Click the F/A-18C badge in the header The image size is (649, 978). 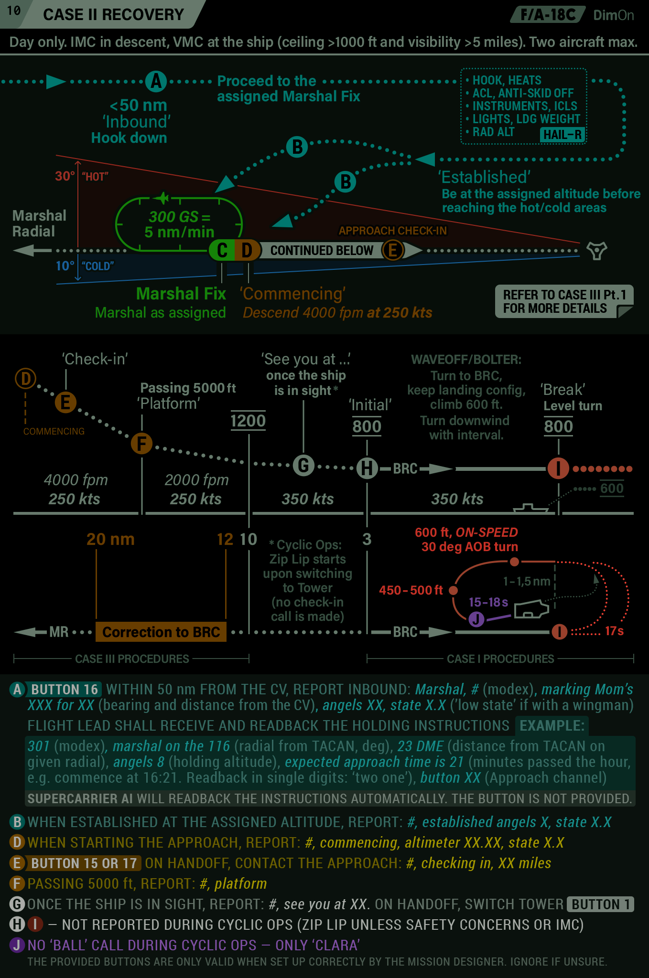(x=548, y=15)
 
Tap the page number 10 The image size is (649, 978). (x=14, y=11)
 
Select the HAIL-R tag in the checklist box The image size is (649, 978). (x=562, y=135)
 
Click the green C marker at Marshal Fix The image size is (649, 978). (x=222, y=250)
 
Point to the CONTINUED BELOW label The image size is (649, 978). (x=322, y=250)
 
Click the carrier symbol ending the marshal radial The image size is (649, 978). (x=596, y=250)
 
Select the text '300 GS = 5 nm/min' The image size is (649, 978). (x=179, y=224)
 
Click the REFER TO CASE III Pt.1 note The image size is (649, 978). (x=564, y=301)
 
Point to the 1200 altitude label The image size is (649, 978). (x=248, y=421)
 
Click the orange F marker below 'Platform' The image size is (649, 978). (x=141, y=444)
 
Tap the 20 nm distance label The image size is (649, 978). (x=110, y=539)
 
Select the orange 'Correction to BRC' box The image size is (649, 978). (x=161, y=632)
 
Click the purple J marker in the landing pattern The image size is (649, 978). (x=476, y=619)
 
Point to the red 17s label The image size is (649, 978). (x=614, y=631)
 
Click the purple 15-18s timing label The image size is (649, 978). (x=488, y=602)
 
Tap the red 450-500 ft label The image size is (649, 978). (x=411, y=590)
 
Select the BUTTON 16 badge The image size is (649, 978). (x=65, y=689)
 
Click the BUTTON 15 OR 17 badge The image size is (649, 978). (x=84, y=863)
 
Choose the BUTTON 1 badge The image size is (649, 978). (x=600, y=904)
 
